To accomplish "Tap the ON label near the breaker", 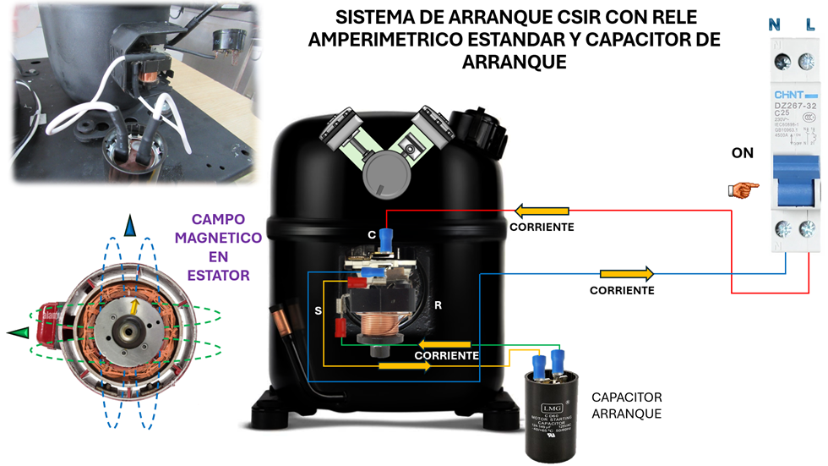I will [743, 154].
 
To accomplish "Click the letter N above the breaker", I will [774, 25].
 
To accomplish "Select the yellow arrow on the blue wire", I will [626, 274].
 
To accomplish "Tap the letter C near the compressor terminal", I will [371, 233].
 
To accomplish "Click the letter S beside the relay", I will [319, 310].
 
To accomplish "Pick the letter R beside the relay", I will [438, 304].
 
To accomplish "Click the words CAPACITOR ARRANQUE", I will [626, 405].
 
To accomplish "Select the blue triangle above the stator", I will [129, 226].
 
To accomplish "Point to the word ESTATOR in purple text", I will [218, 275].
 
